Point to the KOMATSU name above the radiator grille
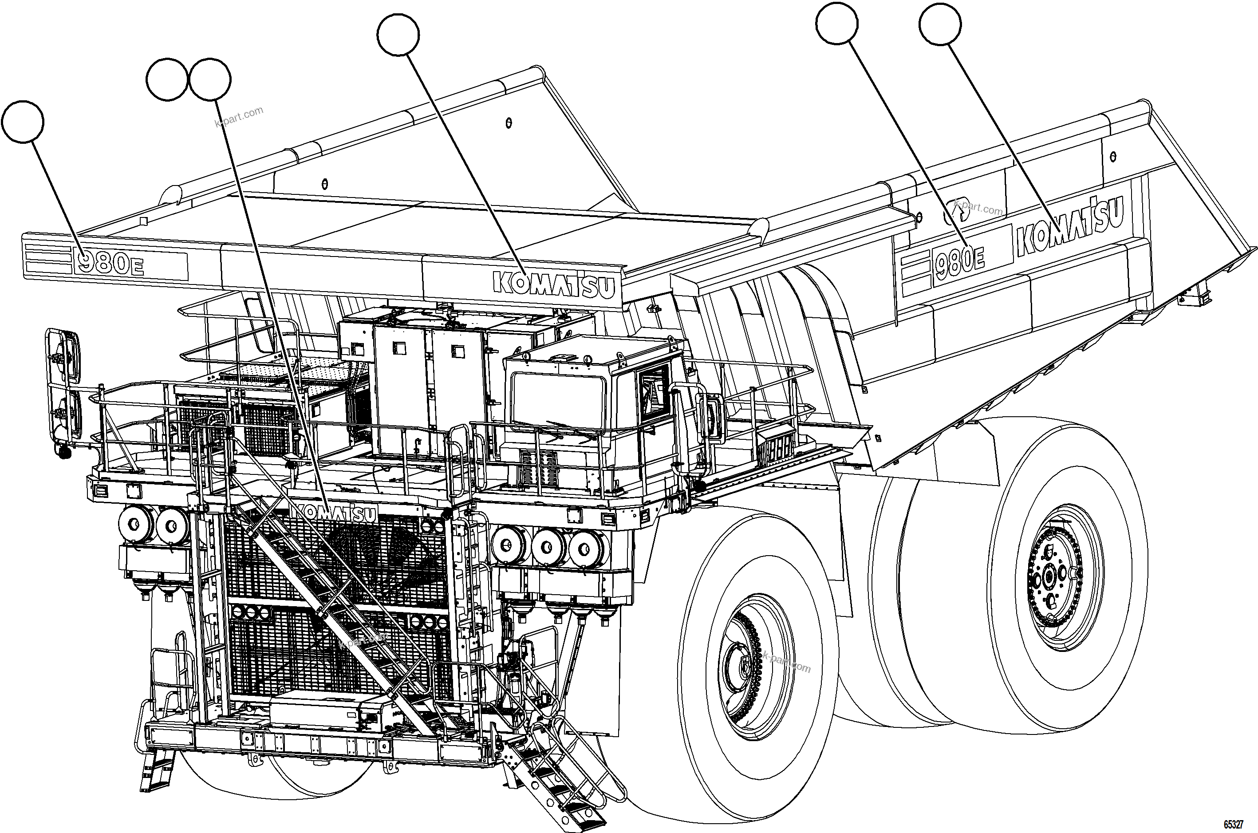click(335, 512)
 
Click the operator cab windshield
click(558, 401)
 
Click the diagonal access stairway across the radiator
click(340, 611)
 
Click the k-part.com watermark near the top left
click(239, 117)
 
